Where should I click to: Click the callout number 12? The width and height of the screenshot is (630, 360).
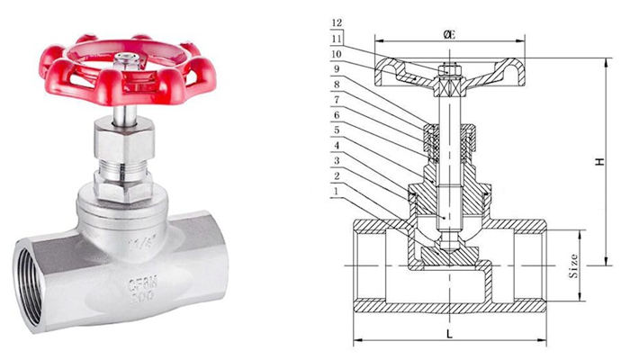(x=337, y=22)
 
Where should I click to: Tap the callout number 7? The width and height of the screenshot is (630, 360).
(x=337, y=100)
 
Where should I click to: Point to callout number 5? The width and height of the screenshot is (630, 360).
(x=337, y=130)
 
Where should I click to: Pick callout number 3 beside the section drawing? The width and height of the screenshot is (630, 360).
(x=337, y=160)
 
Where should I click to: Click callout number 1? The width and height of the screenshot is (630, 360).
(x=337, y=191)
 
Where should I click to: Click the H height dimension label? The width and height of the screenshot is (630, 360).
(x=598, y=163)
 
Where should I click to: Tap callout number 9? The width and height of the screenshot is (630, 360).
(x=337, y=69)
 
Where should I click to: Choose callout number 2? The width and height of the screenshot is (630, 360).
(x=337, y=175)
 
